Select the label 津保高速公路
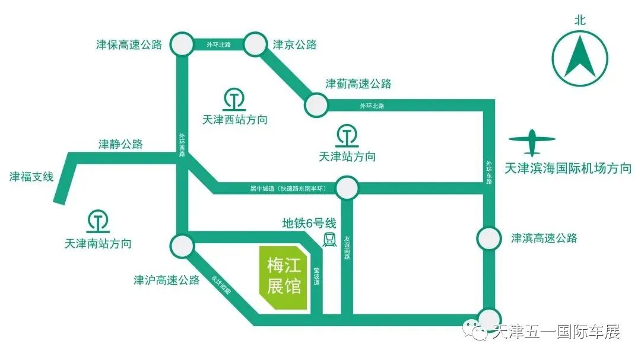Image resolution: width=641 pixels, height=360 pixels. coord(129,45)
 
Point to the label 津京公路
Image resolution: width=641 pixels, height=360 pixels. coord(295,45)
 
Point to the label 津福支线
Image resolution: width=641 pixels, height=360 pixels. coord(31,177)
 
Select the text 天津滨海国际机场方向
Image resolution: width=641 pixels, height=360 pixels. coord(567,168)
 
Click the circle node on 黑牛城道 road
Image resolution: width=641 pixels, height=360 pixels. coord(347,188)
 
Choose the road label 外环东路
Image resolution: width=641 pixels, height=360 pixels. coord(489,173)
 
